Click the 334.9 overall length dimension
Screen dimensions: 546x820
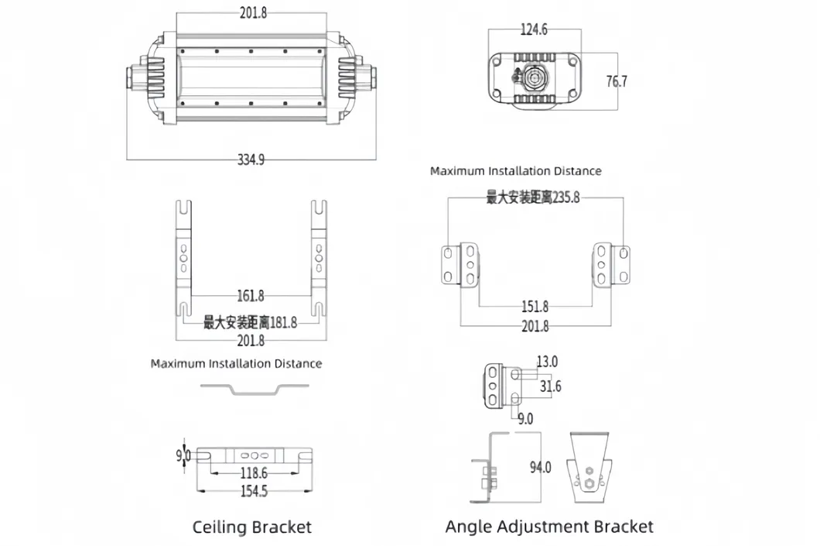click(x=251, y=160)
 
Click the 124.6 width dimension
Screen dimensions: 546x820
click(x=533, y=29)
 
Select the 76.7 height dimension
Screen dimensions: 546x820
click(x=616, y=81)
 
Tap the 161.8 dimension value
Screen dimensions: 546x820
click(x=251, y=296)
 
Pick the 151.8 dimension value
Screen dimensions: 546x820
click(x=535, y=307)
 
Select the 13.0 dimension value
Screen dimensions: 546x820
click(x=547, y=362)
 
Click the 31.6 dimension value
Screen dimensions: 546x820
click(x=551, y=386)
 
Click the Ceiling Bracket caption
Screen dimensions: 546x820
click(x=251, y=527)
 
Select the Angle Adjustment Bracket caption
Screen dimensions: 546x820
click(x=549, y=527)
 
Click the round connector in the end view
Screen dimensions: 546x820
click(x=534, y=80)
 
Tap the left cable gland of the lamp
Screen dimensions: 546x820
click(x=137, y=78)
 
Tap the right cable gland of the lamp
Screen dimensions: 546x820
click(x=366, y=78)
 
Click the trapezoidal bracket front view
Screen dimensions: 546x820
click(x=591, y=465)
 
